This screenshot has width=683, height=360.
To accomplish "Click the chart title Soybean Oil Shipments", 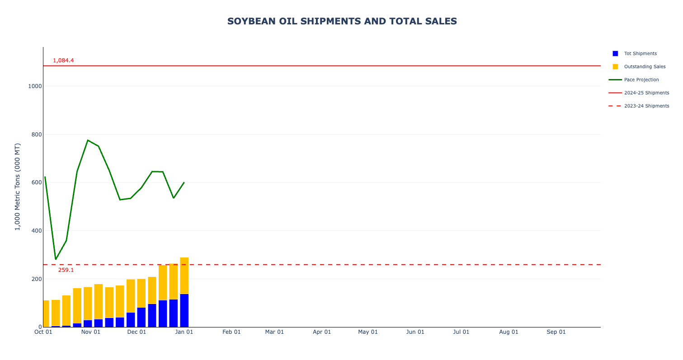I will (342, 21).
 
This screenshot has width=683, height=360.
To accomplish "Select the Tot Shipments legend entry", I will (640, 53).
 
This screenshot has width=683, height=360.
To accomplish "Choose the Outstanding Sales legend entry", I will (645, 66).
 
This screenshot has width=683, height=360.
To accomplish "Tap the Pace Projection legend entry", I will (641, 79).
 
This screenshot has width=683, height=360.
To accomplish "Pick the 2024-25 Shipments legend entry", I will (646, 93).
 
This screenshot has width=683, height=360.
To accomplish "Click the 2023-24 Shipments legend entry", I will (646, 106).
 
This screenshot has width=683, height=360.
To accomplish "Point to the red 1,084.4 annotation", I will (63, 61).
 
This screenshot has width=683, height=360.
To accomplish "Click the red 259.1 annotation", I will (66, 270).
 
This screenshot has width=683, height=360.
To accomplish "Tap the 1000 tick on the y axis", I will (34, 86).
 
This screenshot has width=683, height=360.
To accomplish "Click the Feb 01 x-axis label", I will (231, 332).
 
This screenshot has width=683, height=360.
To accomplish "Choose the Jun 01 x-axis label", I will (415, 332).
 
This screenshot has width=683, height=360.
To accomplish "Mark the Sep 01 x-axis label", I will (556, 332).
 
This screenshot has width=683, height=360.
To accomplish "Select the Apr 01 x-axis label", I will (322, 332).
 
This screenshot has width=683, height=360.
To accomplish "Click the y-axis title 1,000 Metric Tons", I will (18, 187).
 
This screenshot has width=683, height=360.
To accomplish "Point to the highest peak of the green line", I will (88, 140).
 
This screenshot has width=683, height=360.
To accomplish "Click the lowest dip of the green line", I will (56, 259).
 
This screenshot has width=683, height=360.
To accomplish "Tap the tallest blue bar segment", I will (184, 310).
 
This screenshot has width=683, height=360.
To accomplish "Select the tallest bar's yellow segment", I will (184, 276).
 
